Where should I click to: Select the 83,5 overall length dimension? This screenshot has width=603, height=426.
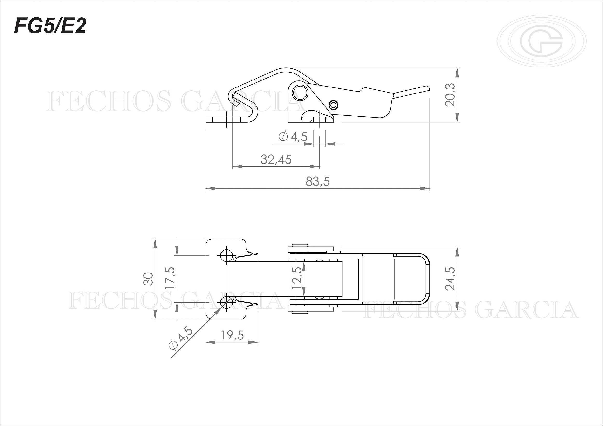317,182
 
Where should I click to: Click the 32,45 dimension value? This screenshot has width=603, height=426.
276,160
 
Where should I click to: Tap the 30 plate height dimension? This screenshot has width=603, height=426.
148,279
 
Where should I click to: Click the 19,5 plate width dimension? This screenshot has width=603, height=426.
232,335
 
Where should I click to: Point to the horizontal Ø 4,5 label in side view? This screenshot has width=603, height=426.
293,137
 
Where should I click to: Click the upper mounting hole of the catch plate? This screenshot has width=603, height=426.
226,255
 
